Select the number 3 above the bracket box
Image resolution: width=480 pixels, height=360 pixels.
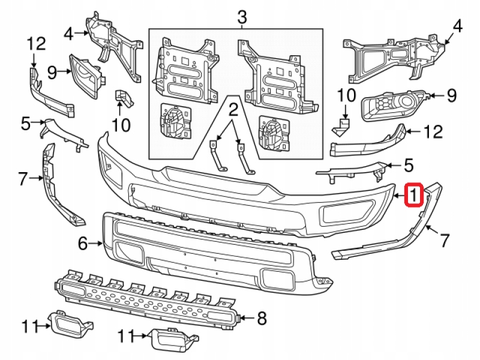pyautogui.click(x=242, y=17)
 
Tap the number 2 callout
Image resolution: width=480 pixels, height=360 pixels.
pyautogui.click(x=233, y=110)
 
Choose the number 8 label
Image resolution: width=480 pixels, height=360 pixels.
pyautogui.click(x=261, y=318)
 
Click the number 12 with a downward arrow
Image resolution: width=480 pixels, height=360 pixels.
pyautogui.click(x=36, y=43)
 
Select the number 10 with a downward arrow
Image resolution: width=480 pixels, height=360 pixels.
pyautogui.click(x=346, y=94)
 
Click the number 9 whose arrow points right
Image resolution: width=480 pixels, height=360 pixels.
pyautogui.click(x=52, y=73)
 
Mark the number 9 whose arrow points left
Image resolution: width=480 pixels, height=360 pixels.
pyautogui.click(x=452, y=94)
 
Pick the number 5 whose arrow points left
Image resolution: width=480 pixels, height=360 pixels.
pyautogui.click(x=408, y=163)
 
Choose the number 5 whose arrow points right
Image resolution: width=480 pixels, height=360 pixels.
pyautogui.click(x=25, y=124)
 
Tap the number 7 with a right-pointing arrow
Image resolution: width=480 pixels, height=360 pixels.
pyautogui.click(x=23, y=178)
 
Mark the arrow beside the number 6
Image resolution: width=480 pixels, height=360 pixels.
pyautogui.click(x=96, y=243)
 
